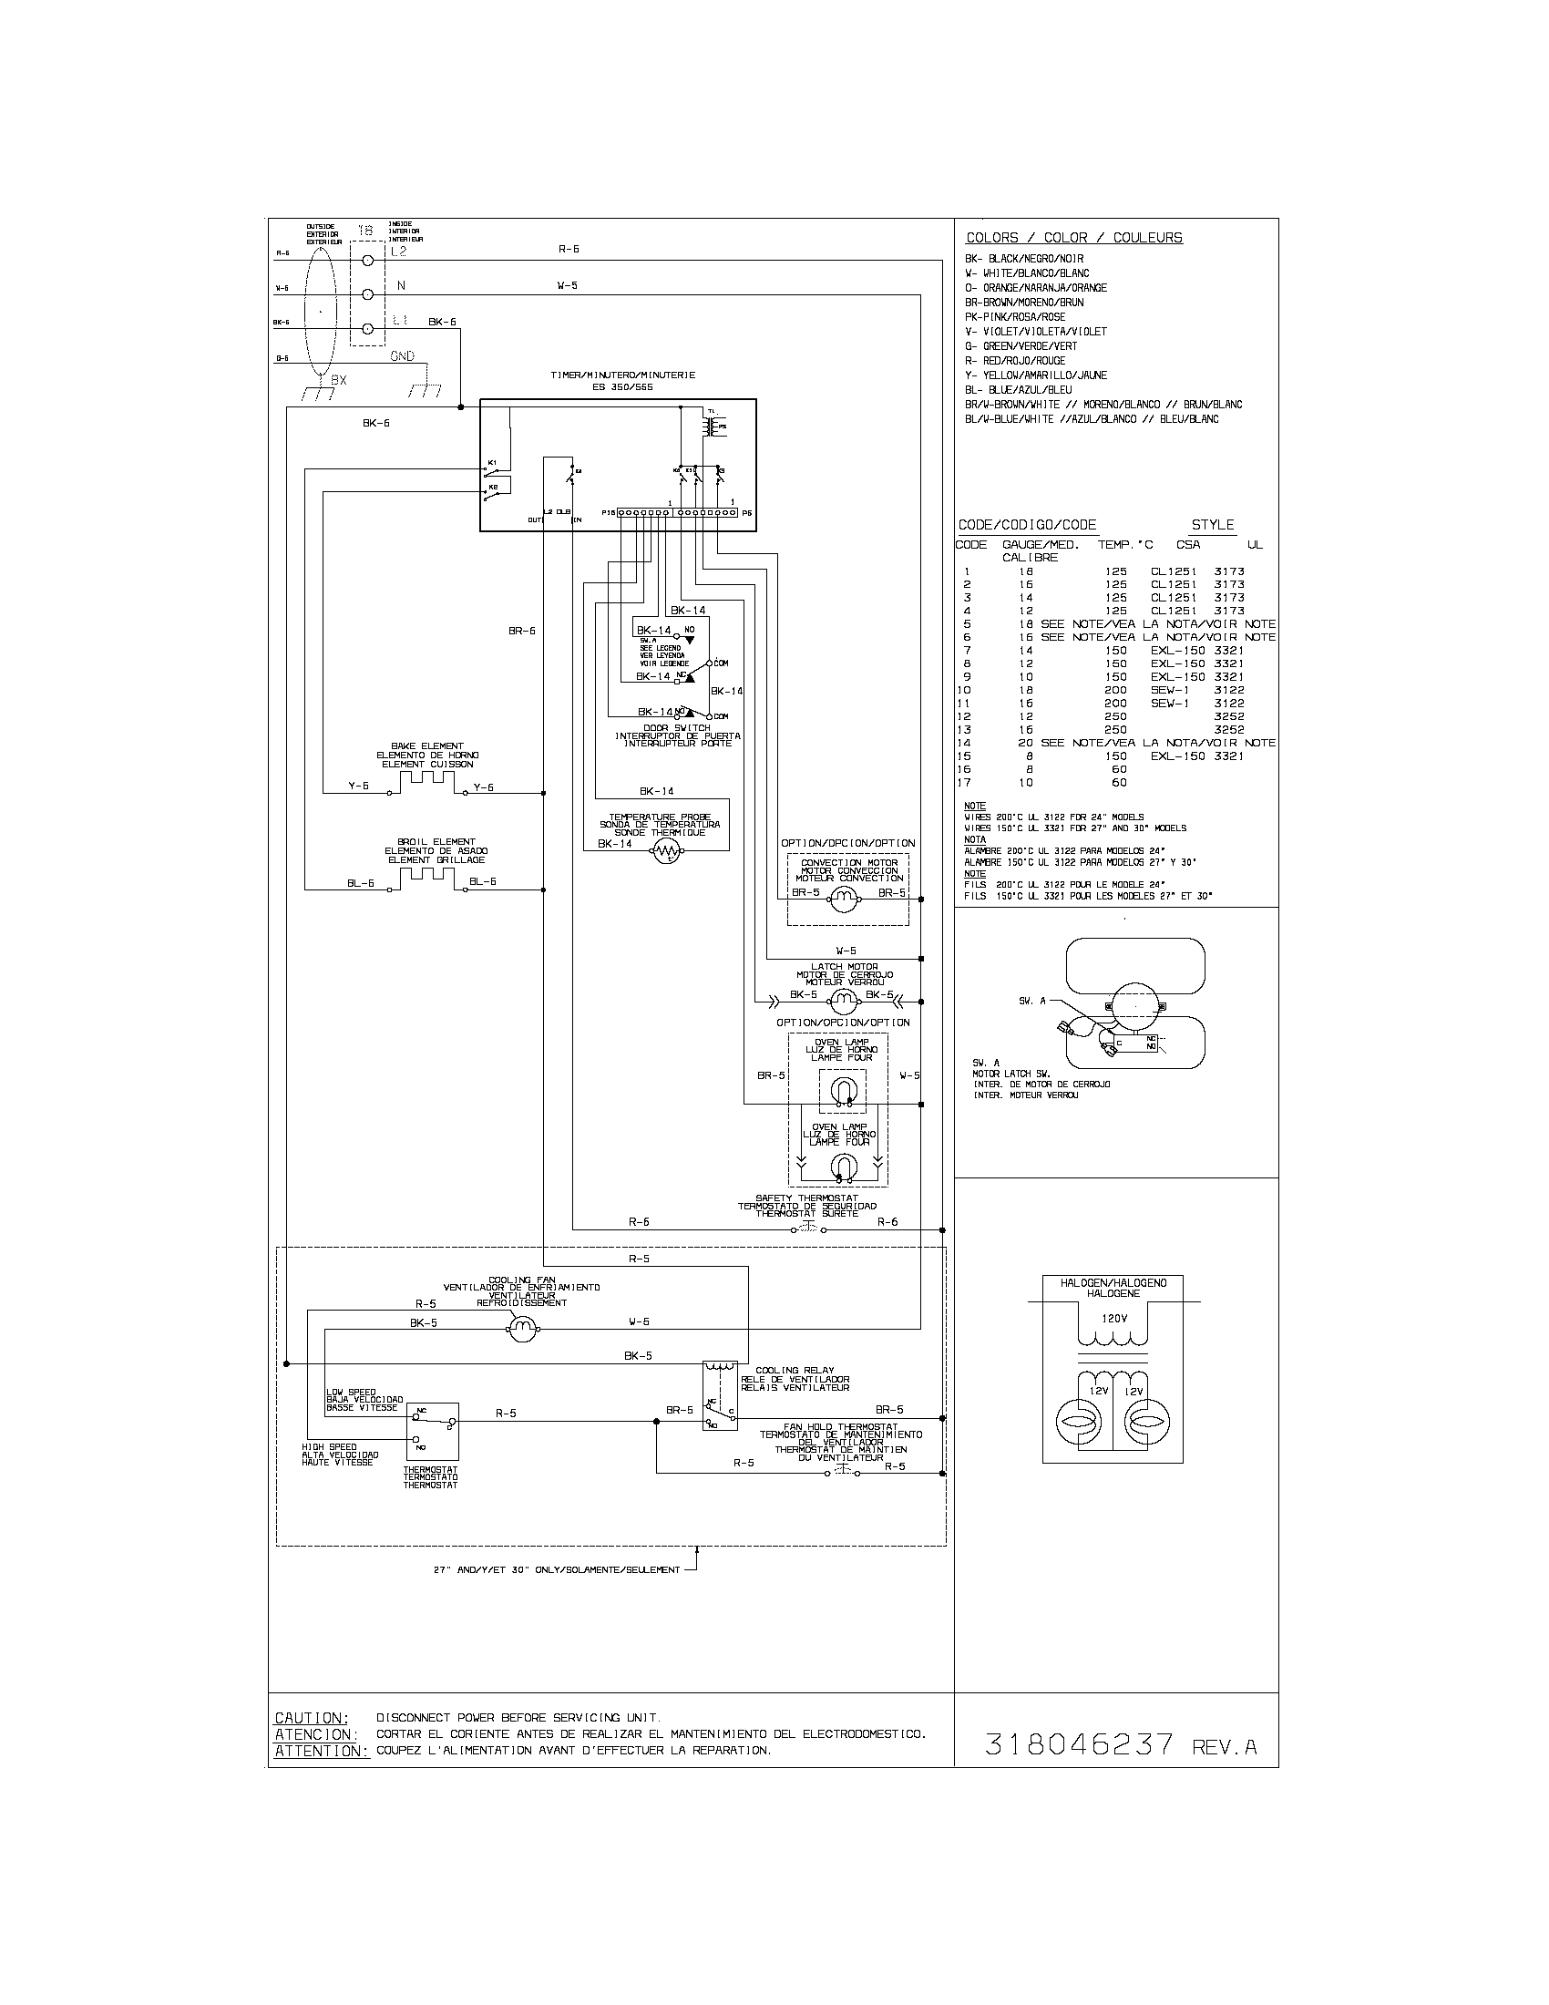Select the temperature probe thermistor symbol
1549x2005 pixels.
click(x=668, y=854)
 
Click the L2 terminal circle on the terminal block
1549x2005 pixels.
click(x=367, y=261)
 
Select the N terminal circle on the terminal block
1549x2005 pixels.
click(x=367, y=294)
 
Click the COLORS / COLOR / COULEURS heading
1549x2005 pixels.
click(x=1073, y=238)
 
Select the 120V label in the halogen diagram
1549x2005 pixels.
click(x=1112, y=1319)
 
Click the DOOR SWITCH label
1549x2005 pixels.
click(x=676, y=727)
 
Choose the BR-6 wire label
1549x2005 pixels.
click(x=522, y=631)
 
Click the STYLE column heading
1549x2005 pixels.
click(x=1212, y=525)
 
